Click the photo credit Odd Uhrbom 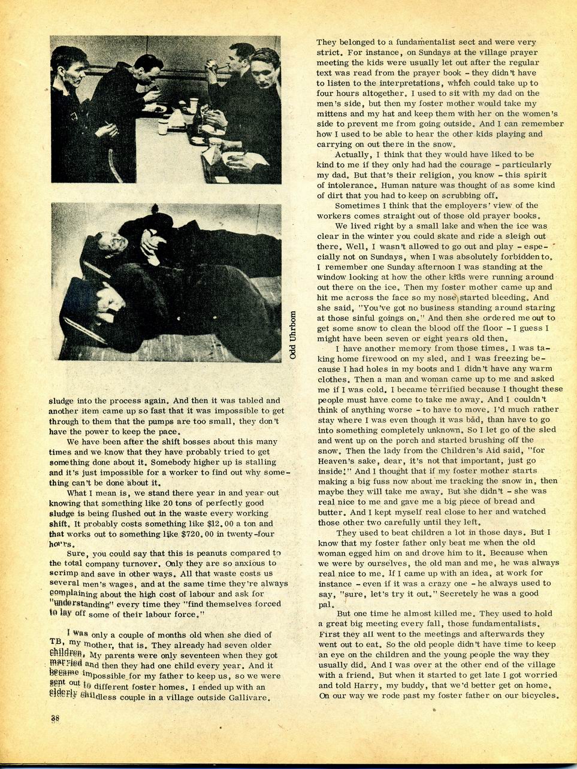tap(293, 335)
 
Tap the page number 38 tap(55, 720)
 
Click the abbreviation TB tap(56, 643)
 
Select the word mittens tap(334, 114)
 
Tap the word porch tap(400, 440)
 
